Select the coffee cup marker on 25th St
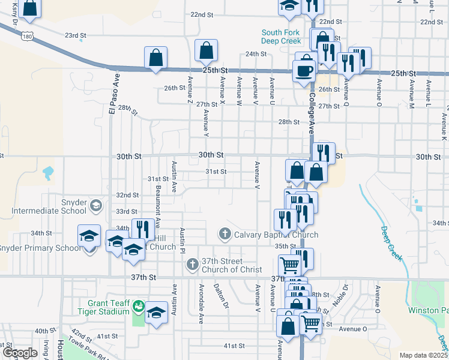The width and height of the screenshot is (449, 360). click(x=304, y=71)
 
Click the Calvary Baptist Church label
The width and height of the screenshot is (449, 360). click(x=276, y=235)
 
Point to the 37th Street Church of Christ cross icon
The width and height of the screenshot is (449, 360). click(x=193, y=264)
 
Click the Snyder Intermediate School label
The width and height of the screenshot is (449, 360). click(x=49, y=206)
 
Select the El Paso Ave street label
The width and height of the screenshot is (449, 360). click(x=112, y=94)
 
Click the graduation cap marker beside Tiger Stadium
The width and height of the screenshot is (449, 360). click(x=156, y=313)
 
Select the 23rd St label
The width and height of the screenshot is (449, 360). click(x=76, y=36)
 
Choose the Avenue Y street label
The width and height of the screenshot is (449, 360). click(x=206, y=121)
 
